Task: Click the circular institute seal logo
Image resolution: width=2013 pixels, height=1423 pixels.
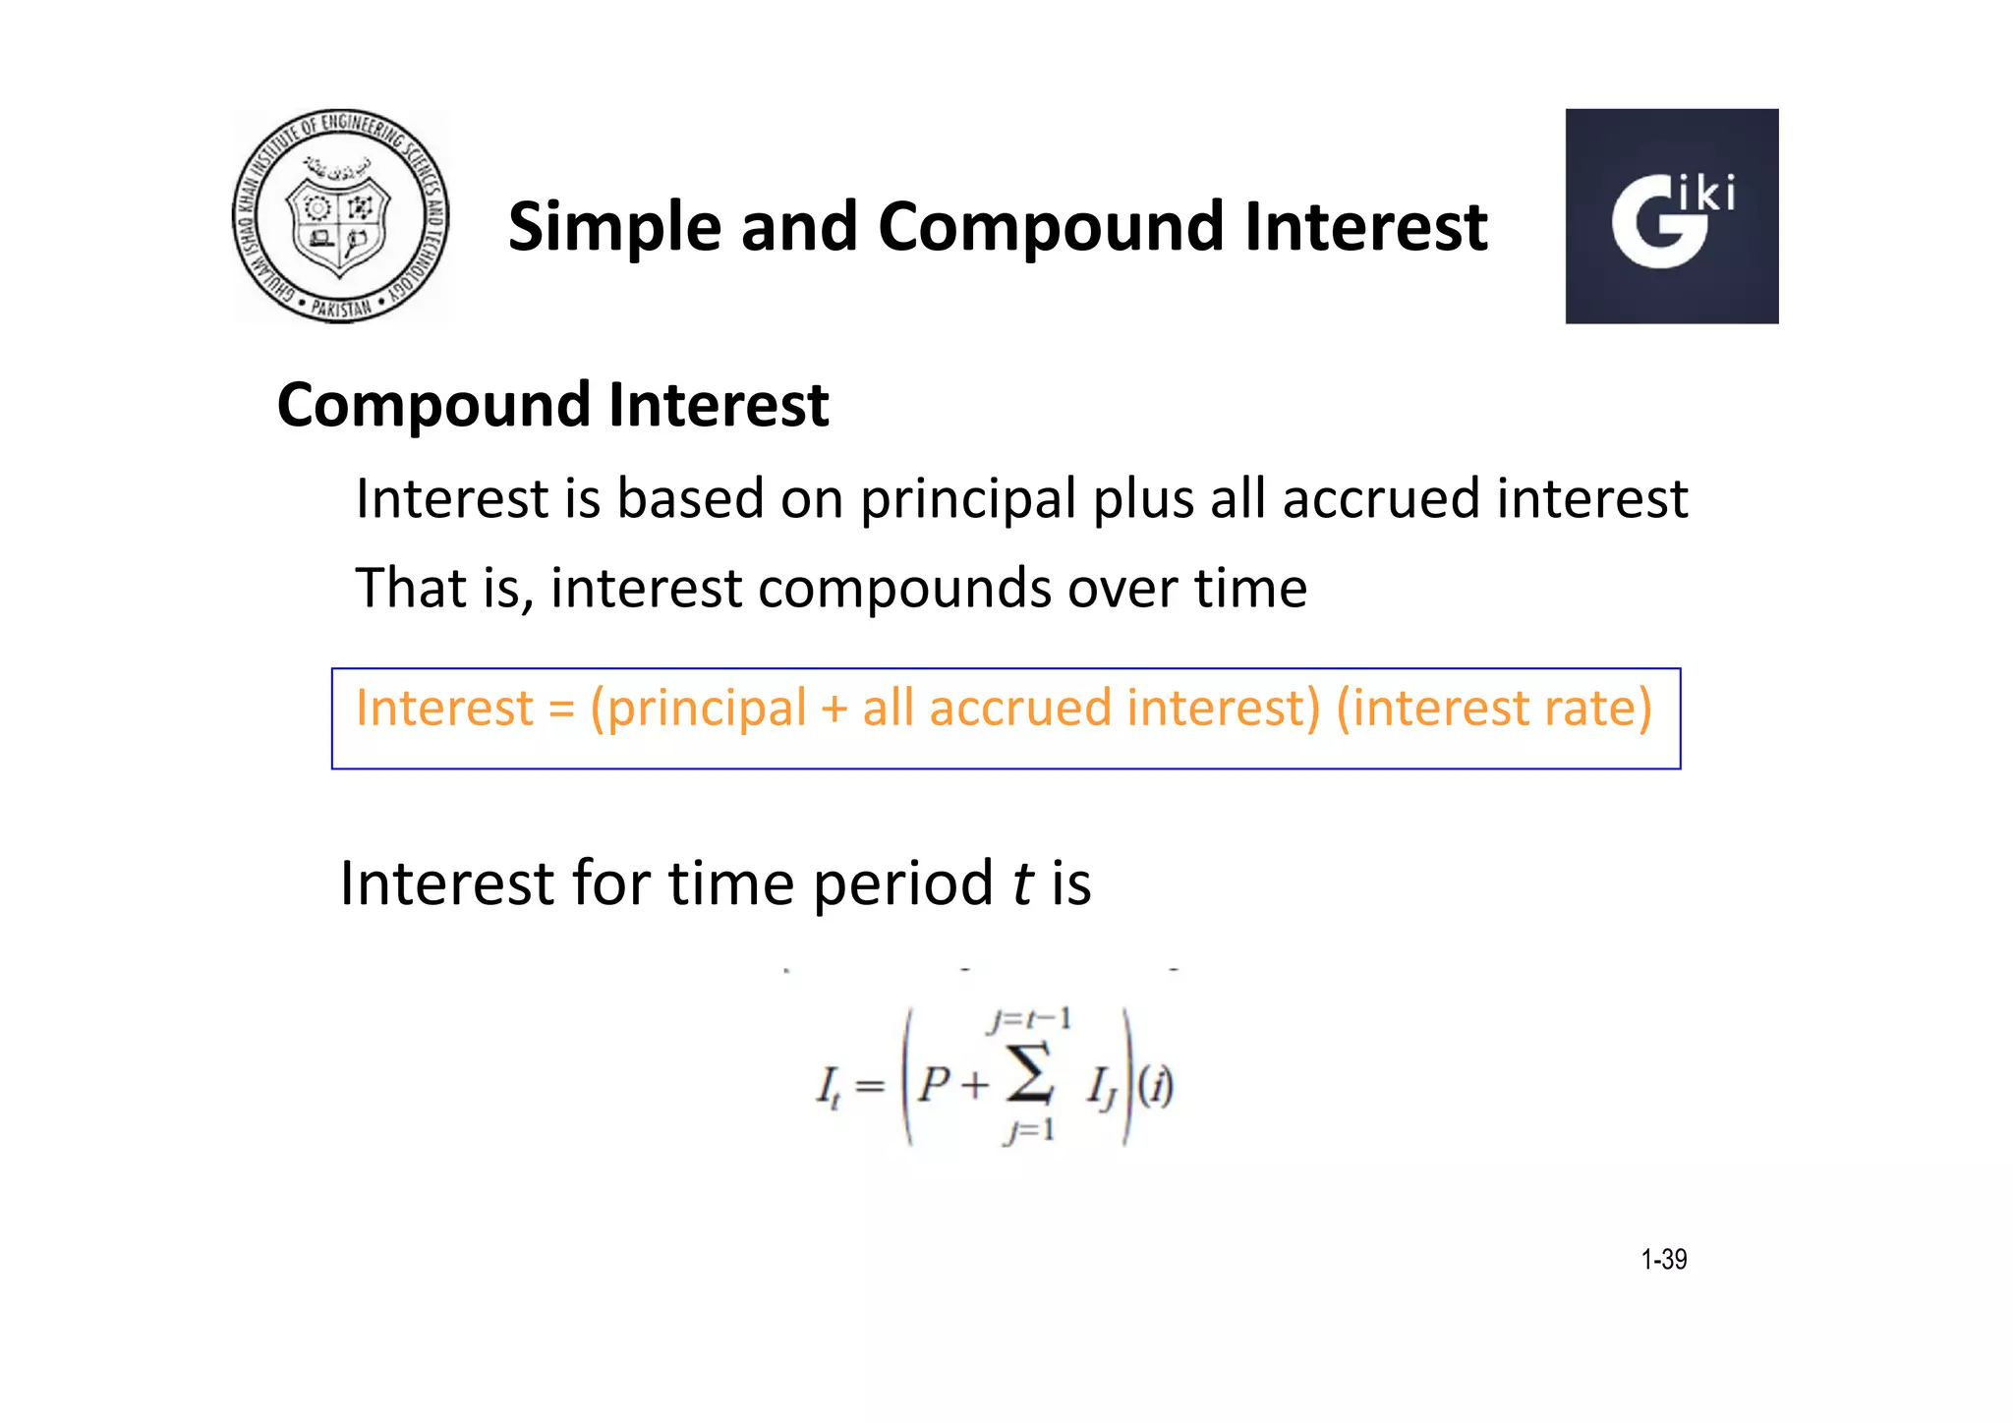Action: (x=340, y=216)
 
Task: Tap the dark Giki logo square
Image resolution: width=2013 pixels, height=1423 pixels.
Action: (x=1671, y=216)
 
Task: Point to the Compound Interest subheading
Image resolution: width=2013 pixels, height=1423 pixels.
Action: (x=552, y=405)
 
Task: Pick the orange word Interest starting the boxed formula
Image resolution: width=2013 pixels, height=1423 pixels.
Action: (x=444, y=709)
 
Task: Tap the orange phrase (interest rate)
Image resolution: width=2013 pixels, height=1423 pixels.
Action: (x=1494, y=709)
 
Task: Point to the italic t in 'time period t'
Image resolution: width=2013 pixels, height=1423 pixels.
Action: (x=1022, y=883)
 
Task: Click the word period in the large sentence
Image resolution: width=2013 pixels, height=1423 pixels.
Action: (x=902, y=883)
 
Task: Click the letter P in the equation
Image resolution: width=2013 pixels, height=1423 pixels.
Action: (x=933, y=1086)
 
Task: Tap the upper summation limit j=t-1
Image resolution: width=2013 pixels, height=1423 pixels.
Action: (x=1029, y=1020)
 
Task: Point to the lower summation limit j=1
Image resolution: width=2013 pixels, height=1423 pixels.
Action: (x=1029, y=1131)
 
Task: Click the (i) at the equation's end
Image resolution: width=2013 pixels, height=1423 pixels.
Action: (x=1156, y=1087)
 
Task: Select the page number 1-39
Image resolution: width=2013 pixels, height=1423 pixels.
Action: (x=1663, y=1260)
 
